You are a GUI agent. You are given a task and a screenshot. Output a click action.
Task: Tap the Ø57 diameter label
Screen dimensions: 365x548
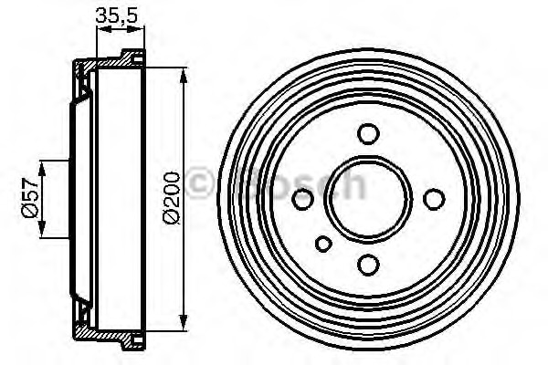[28, 198]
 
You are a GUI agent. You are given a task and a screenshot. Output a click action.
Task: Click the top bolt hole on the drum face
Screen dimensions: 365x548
[368, 134]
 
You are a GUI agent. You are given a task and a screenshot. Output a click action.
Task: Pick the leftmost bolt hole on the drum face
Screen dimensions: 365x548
[302, 198]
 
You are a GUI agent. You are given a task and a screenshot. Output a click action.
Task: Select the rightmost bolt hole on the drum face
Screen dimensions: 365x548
[434, 198]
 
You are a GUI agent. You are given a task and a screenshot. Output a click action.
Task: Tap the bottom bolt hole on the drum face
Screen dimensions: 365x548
[368, 264]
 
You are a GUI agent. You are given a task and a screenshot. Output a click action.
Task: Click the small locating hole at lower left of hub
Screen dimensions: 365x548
[323, 244]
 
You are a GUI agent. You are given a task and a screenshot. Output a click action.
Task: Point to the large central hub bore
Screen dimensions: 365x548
[368, 198]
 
